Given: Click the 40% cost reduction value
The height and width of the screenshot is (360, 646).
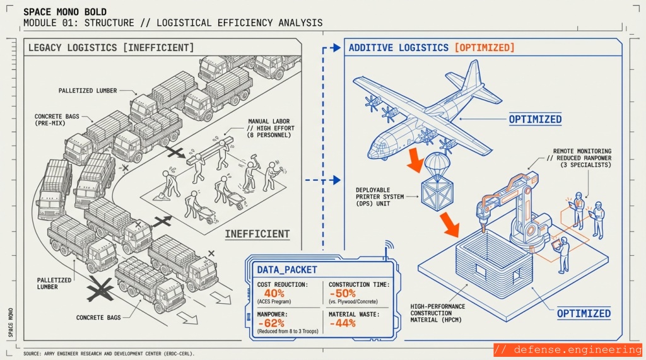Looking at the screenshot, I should click(x=274, y=294).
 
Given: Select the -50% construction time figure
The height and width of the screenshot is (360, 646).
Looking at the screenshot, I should click(x=347, y=294).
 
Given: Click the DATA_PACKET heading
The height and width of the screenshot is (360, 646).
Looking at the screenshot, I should click(x=287, y=269).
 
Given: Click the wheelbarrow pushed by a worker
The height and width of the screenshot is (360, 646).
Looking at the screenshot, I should click(x=235, y=200).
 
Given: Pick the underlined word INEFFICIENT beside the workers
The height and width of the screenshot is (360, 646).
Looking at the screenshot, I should click(x=257, y=234).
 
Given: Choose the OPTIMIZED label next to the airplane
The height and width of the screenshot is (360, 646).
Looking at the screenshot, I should click(x=536, y=119).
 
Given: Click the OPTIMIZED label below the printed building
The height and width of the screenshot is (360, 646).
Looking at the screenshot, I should click(x=584, y=313).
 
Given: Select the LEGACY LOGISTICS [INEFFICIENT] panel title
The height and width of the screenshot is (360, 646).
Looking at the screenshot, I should click(x=111, y=48).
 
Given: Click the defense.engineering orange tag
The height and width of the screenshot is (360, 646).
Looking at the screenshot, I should click(x=567, y=350).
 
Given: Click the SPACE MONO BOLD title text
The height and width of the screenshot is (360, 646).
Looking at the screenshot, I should click(x=65, y=12).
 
